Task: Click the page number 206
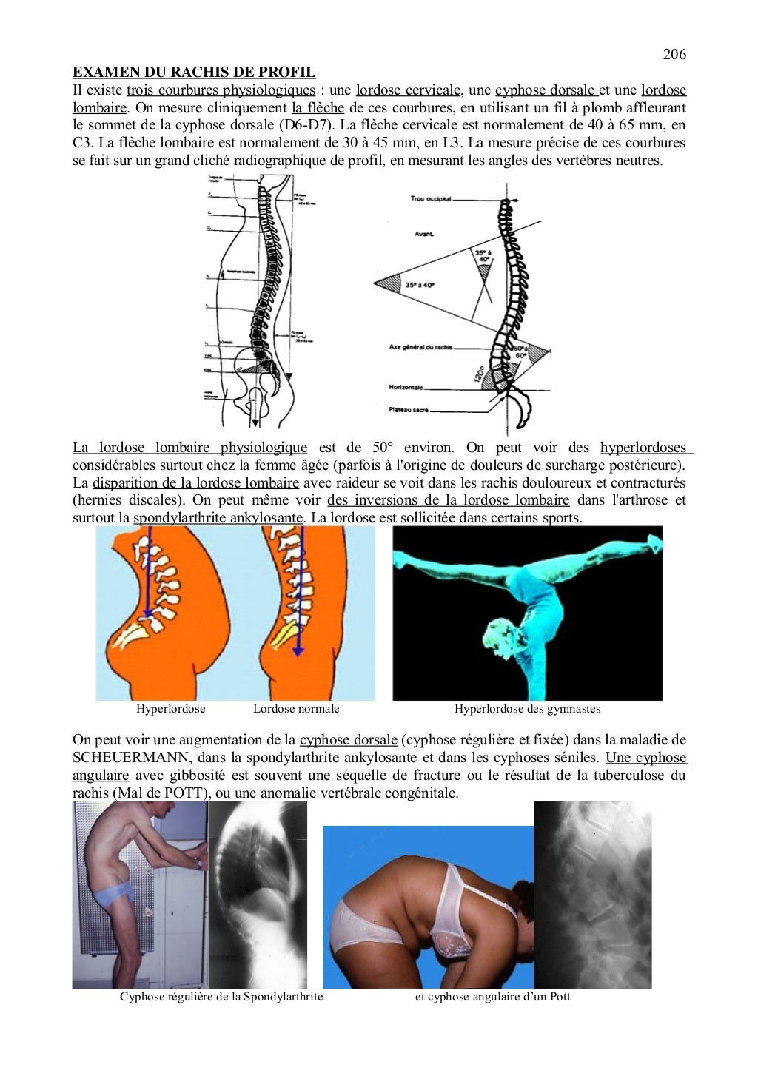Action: (674, 54)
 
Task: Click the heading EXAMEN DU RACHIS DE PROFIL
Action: (193, 73)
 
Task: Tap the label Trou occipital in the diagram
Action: (430, 199)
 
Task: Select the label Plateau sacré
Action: (409, 410)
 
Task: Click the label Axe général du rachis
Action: (420, 347)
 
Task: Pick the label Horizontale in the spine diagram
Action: (406, 388)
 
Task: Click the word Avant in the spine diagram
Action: (424, 235)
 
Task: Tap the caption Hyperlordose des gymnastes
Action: (527, 709)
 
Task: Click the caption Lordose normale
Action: (296, 709)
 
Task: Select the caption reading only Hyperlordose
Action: (170, 709)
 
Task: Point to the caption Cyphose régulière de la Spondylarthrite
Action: (221, 997)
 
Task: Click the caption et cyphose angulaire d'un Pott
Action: (492, 997)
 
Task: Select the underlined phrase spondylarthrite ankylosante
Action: (218, 518)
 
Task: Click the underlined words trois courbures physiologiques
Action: (221, 90)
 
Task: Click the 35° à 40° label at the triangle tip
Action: (420, 284)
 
